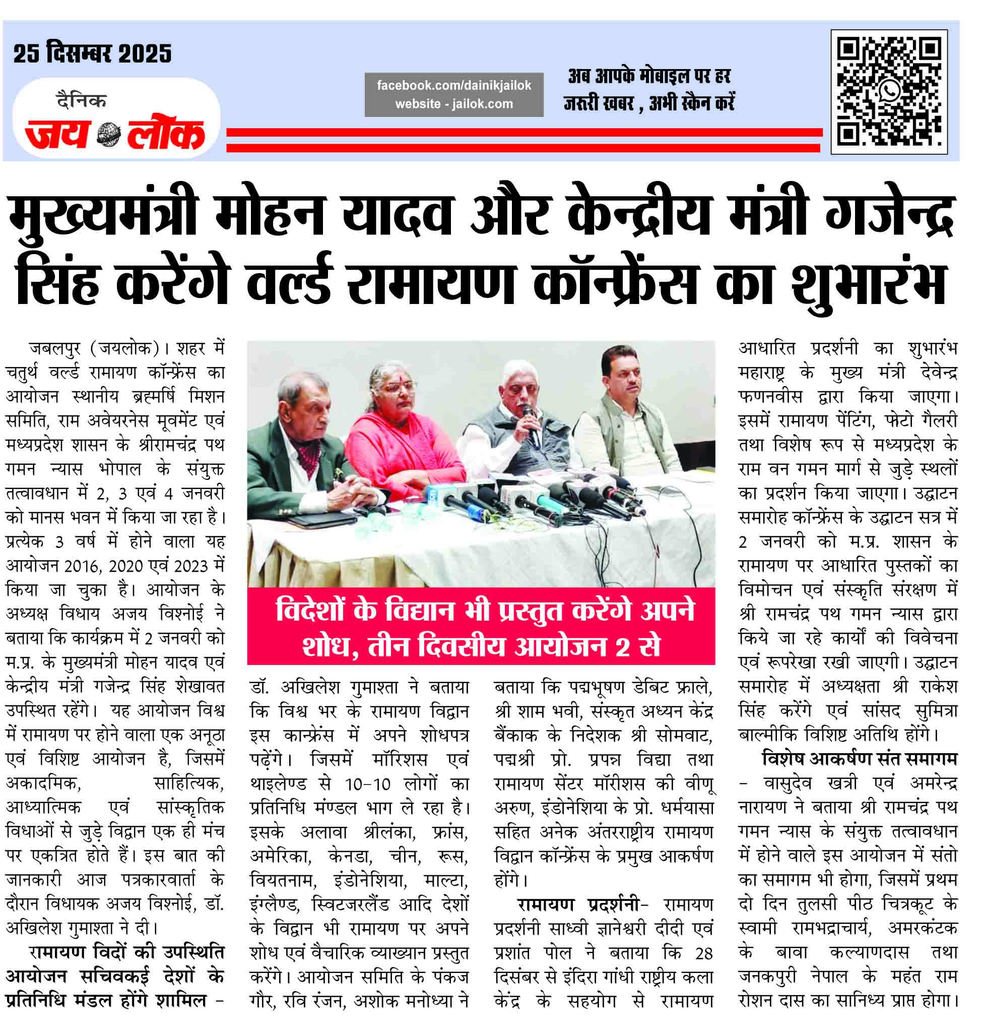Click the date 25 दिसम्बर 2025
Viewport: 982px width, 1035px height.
tap(92, 54)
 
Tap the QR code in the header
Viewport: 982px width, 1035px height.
tap(889, 92)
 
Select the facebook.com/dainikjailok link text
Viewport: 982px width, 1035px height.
tap(454, 85)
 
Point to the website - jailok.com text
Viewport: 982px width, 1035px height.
tap(454, 104)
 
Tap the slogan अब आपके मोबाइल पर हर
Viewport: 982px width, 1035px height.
tap(648, 77)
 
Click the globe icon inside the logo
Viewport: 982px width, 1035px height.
tap(109, 136)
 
